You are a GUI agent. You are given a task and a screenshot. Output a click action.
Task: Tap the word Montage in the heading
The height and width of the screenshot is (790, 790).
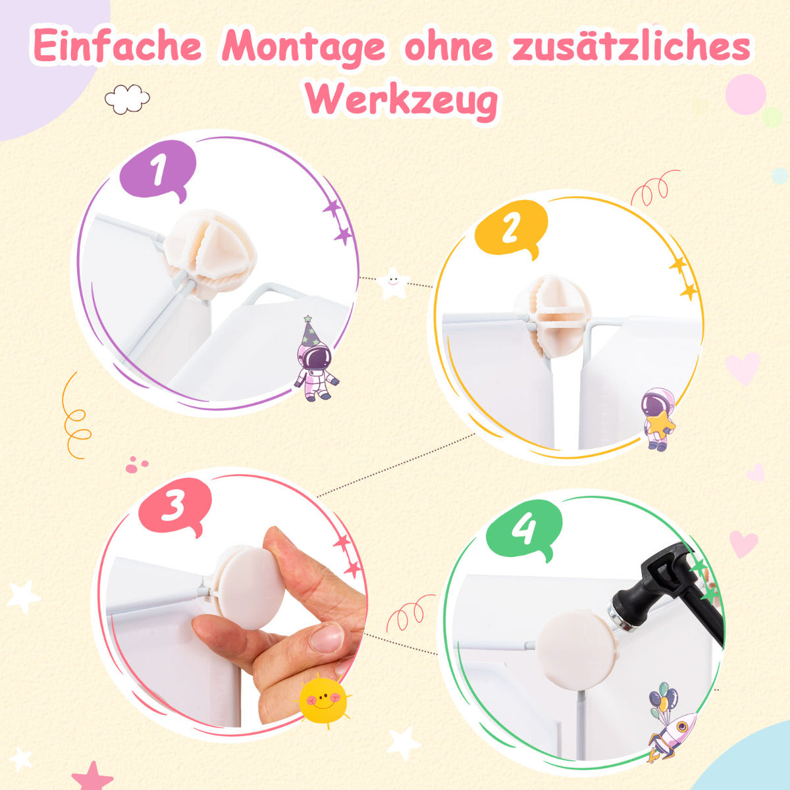click(x=303, y=47)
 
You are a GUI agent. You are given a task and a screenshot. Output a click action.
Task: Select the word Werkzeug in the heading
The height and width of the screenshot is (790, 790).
click(x=402, y=100)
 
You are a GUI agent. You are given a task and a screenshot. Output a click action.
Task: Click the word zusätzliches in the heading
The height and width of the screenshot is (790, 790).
click(x=631, y=45)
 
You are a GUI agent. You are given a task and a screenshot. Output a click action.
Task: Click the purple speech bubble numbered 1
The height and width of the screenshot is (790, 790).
click(x=158, y=169)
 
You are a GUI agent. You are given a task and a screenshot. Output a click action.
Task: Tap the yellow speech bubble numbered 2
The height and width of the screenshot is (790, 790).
click(x=512, y=228)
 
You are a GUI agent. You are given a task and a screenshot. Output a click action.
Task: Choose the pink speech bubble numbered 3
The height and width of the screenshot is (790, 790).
click(x=175, y=506)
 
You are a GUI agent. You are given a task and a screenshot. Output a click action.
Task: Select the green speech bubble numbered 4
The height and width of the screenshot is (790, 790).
click(x=523, y=529)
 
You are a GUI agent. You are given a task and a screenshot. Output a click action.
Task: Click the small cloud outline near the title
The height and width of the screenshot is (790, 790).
click(x=127, y=99)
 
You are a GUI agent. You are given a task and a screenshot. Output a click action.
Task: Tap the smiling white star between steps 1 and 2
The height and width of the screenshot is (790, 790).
click(x=393, y=282)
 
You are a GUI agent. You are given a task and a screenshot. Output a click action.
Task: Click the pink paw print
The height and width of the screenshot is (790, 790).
click(x=136, y=465)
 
